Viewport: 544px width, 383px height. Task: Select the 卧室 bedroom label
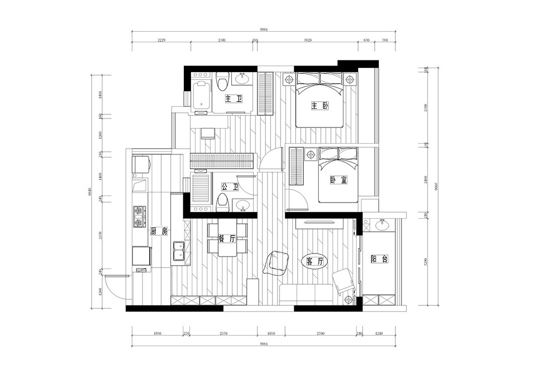coord(338,180)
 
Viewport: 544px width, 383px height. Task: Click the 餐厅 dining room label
coord(227,239)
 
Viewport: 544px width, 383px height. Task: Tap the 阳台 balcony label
coord(379,259)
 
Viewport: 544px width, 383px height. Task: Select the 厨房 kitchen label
coord(159,231)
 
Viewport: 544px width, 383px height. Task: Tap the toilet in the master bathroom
coord(222,81)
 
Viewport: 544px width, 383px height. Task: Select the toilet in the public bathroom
coord(222,204)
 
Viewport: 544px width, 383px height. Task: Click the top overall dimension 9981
coord(255,30)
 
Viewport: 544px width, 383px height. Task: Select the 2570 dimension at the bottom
coord(224,334)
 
